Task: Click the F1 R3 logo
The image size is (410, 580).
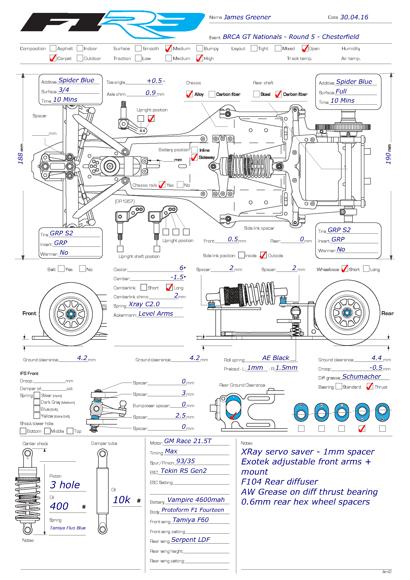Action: click(112, 24)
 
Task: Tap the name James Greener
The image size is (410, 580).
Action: click(247, 17)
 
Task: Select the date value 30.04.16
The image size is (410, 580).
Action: click(354, 17)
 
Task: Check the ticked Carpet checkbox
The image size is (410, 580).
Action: click(53, 58)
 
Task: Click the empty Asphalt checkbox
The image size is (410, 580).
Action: click(53, 48)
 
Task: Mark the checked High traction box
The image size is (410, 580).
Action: click(200, 58)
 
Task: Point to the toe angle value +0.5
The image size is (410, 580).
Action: click(154, 81)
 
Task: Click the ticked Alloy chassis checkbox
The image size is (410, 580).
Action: click(189, 94)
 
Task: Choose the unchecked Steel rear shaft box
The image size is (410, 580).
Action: click(256, 94)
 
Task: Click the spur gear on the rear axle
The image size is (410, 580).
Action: click(343, 127)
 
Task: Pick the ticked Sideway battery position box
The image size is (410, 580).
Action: click(194, 157)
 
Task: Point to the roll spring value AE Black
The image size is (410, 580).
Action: click(275, 358)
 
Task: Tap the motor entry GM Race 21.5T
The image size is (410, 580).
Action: click(188, 441)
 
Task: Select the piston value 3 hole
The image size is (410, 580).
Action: click(65, 485)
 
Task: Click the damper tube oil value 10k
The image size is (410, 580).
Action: click(121, 500)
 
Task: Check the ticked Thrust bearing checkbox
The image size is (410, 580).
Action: click(370, 387)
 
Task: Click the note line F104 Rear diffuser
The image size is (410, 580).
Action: click(279, 482)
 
